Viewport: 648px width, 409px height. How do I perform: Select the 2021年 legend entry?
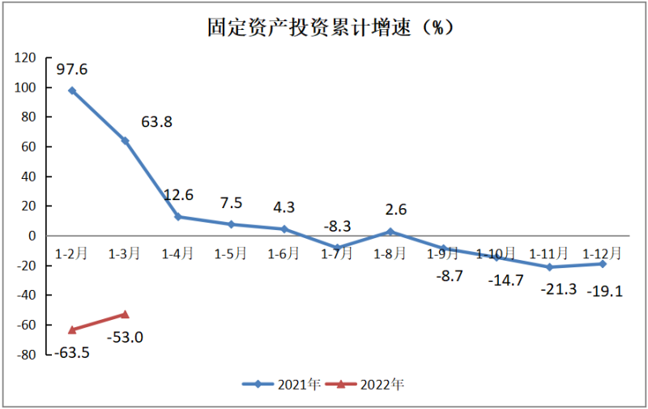click(283, 385)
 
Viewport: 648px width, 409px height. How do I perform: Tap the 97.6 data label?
click(72, 69)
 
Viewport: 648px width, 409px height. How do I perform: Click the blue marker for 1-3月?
click(125, 141)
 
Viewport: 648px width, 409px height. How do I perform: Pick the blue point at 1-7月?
click(337, 248)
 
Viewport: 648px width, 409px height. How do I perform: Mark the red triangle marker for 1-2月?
click(72, 330)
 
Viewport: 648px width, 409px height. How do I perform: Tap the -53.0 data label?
click(126, 336)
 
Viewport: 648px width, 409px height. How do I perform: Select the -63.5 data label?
click(72, 353)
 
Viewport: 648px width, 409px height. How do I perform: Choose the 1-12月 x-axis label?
click(603, 253)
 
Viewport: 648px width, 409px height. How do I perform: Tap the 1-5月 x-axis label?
click(231, 253)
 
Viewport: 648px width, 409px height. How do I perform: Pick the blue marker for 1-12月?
click(603, 264)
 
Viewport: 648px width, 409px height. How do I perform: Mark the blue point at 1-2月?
click(72, 91)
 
